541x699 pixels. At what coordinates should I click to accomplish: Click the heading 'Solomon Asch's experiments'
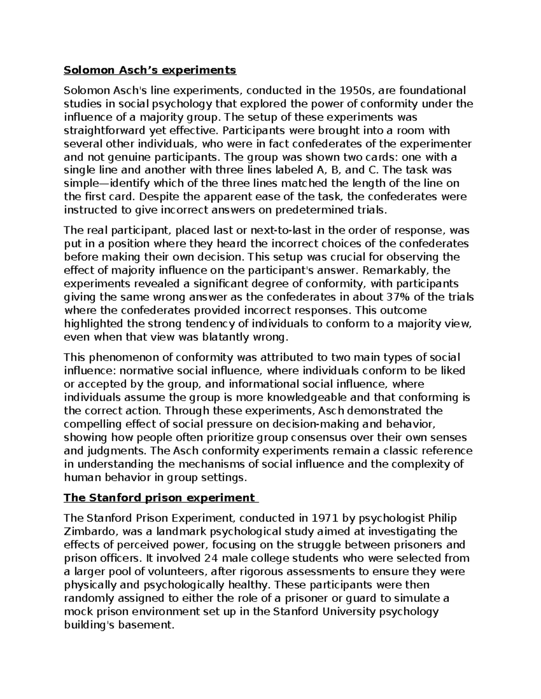tap(150, 70)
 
